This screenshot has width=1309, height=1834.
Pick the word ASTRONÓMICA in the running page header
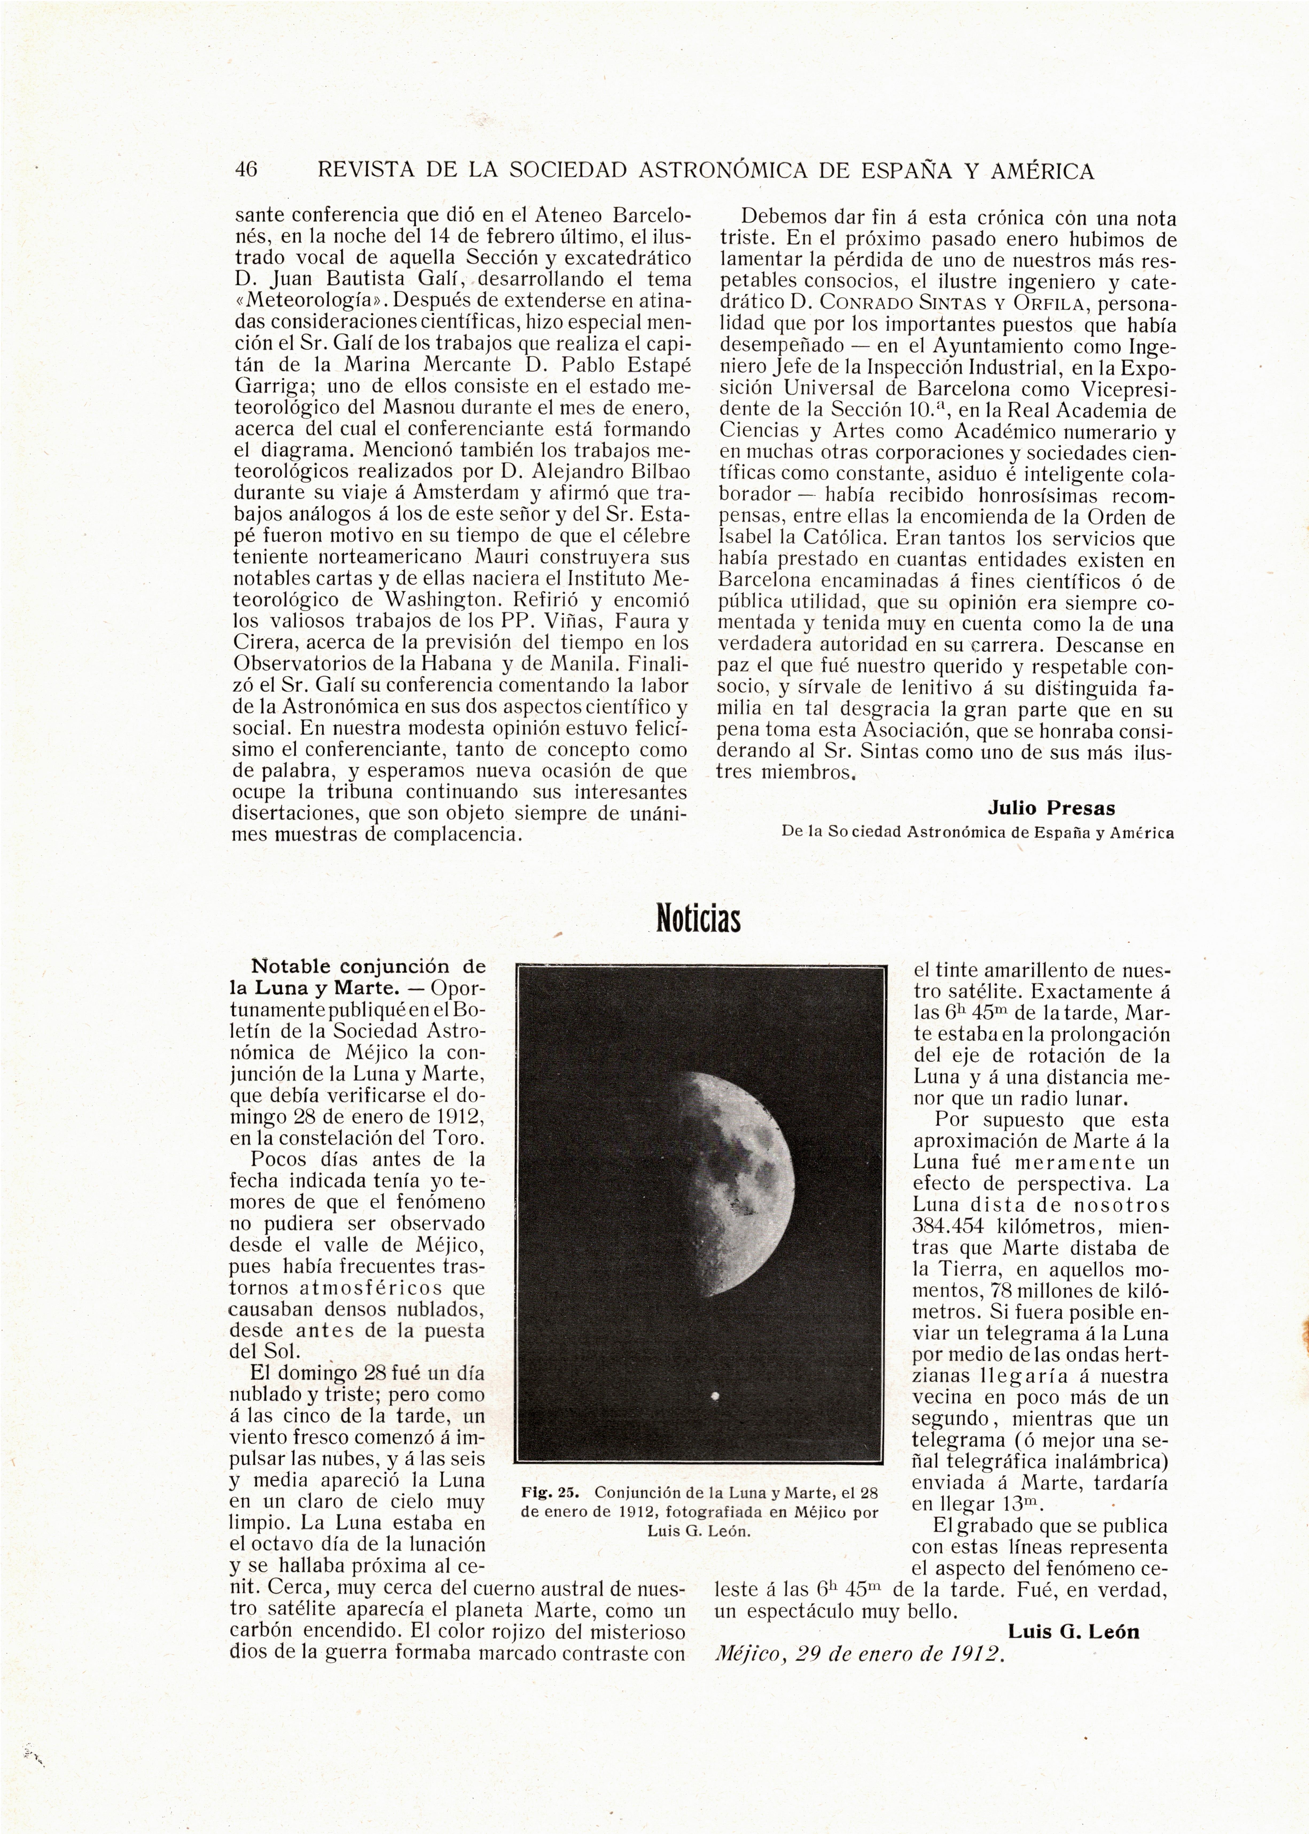click(x=722, y=171)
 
